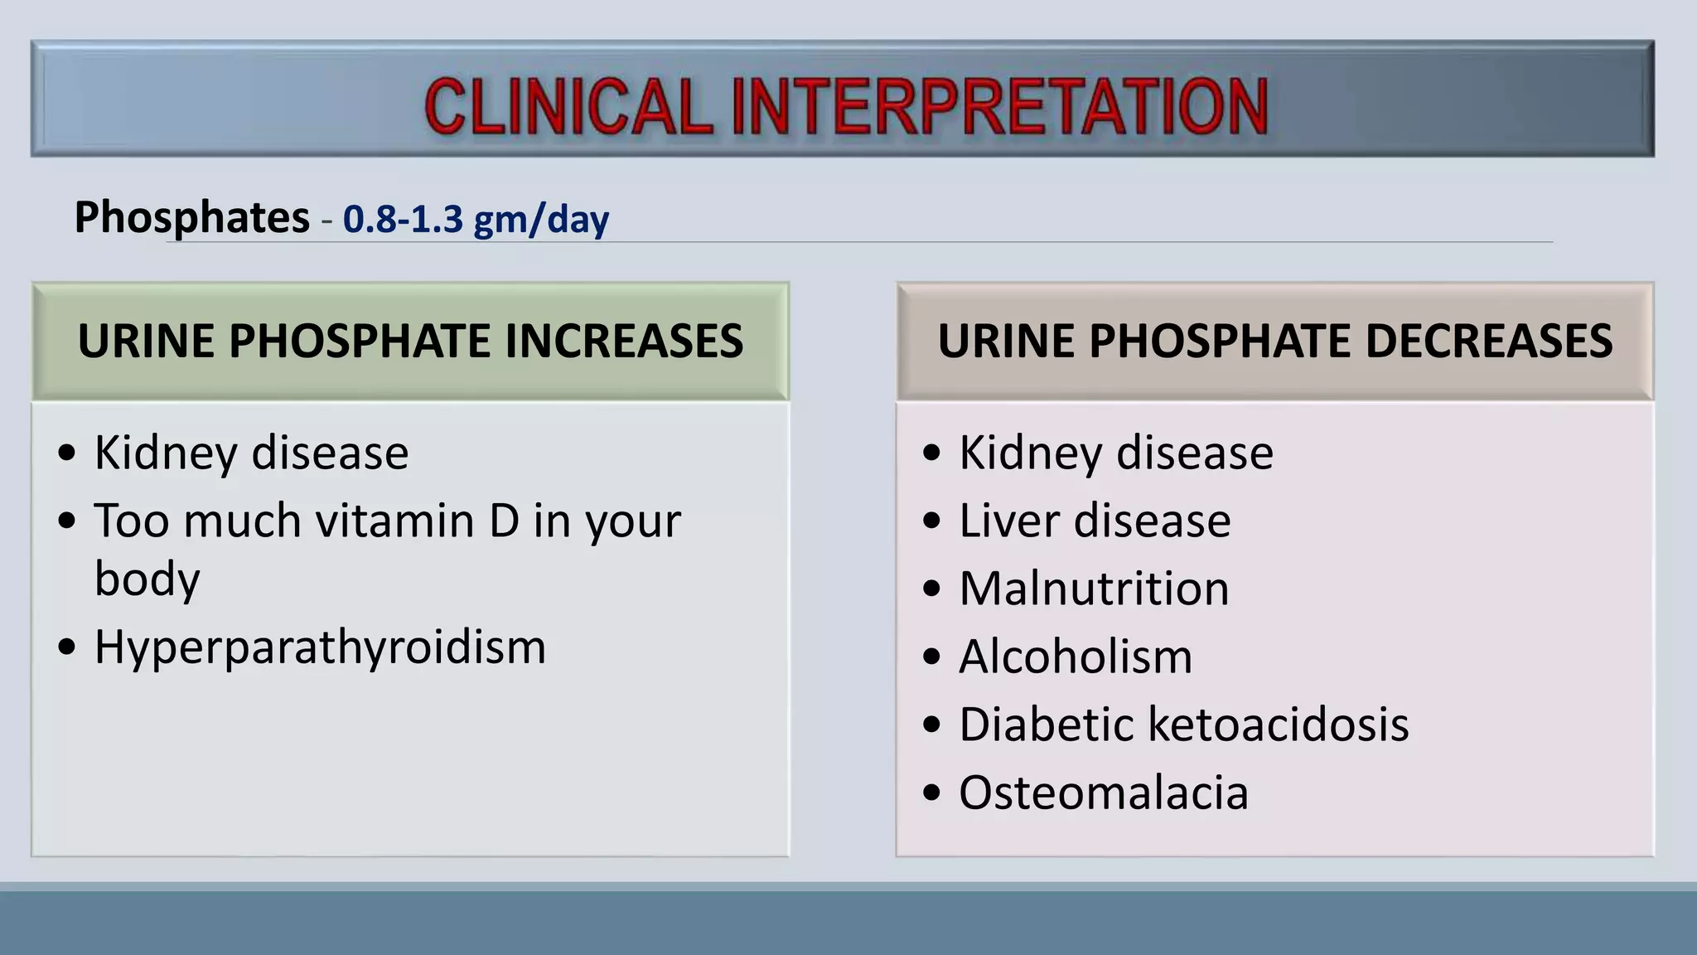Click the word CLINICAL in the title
click(568, 106)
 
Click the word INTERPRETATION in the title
click(1000, 106)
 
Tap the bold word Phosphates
click(191, 217)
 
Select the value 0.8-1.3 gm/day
click(476, 219)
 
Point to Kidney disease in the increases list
click(251, 453)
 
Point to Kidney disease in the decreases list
click(1115, 453)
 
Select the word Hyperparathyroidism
click(320, 647)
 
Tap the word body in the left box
click(147, 579)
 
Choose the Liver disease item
click(1094, 521)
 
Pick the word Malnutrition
click(1094, 589)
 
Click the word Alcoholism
click(1076, 657)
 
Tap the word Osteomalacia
click(1103, 793)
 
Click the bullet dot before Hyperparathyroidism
click(67, 647)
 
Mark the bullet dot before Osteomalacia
click(932, 793)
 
